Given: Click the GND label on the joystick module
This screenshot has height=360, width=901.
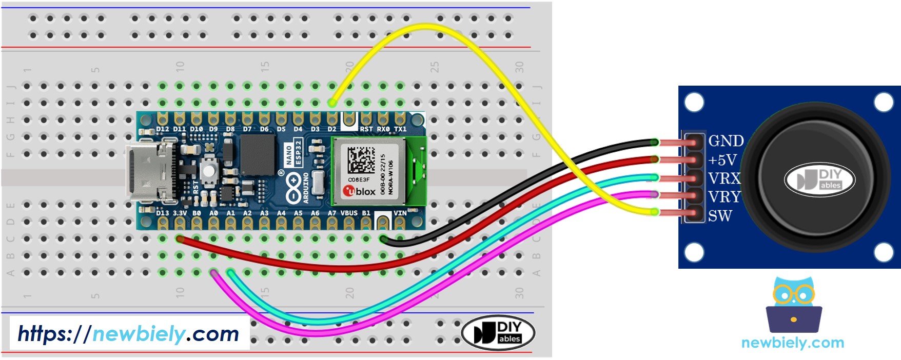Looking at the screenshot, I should pyautogui.click(x=726, y=141).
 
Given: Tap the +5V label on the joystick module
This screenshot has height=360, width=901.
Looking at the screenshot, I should pyautogui.click(x=722, y=161).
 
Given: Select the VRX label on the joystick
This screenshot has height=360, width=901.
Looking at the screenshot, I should pyautogui.click(x=724, y=178).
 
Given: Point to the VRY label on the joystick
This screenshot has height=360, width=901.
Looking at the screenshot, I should pyautogui.click(x=724, y=197).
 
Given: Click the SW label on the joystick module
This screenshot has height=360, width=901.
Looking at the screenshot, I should pyautogui.click(x=719, y=216).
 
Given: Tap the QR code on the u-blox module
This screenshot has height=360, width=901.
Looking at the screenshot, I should pyautogui.click(x=362, y=160).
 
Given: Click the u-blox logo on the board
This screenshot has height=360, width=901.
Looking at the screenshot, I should pyautogui.click(x=360, y=191).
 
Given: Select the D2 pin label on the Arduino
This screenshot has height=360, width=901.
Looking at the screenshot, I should pyautogui.click(x=332, y=129).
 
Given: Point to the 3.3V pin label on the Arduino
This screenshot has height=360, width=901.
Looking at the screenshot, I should pyautogui.click(x=179, y=213).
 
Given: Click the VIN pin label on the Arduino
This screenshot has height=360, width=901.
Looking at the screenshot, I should pyautogui.click(x=400, y=213).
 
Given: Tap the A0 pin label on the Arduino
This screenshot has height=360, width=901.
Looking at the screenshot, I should pyautogui.click(x=213, y=213).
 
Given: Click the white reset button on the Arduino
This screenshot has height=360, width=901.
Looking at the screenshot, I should pyautogui.click(x=208, y=170).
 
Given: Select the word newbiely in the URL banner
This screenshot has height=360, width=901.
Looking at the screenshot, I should pyautogui.click(x=139, y=334).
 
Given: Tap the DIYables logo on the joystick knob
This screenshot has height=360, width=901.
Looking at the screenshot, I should pyautogui.click(x=819, y=180).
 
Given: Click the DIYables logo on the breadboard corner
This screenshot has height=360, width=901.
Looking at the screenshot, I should pyautogui.click(x=498, y=333).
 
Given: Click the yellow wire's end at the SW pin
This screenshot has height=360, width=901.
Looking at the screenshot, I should pyautogui.click(x=655, y=211).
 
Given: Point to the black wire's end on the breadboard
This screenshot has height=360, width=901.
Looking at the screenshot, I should pyautogui.click(x=384, y=238).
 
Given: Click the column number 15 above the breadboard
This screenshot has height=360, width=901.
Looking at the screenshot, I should pyautogui.click(x=265, y=66).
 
